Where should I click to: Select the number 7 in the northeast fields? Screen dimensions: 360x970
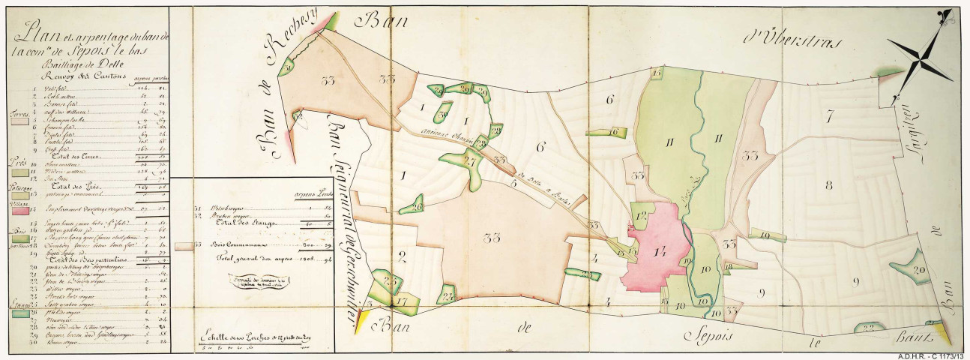pyautogui.click(x=829, y=117)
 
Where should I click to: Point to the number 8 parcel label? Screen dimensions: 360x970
pyautogui.click(x=828, y=185)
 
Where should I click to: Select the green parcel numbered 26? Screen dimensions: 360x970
pyautogui.click(x=416, y=206)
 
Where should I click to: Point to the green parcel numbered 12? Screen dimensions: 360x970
pyautogui.click(x=642, y=215)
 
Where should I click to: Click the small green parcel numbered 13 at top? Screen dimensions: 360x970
pyautogui.click(x=657, y=73)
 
